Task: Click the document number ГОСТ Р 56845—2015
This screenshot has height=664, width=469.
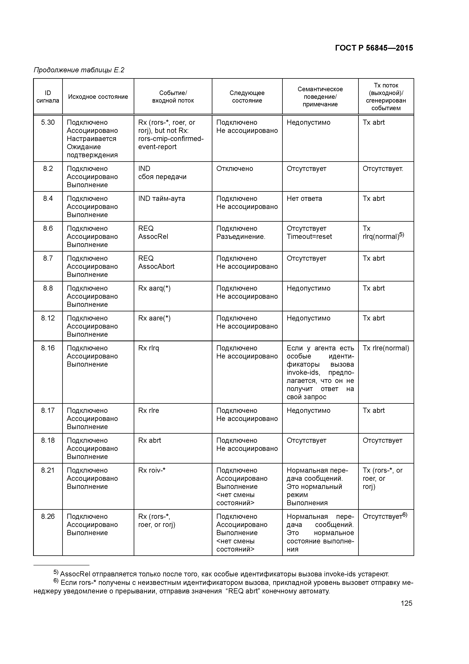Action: point(374,48)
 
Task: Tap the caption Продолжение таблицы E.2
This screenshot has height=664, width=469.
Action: point(79,70)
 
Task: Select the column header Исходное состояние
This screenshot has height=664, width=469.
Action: point(98,97)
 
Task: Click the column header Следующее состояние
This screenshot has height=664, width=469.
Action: point(247,97)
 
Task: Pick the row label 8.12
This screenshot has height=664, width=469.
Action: point(48,318)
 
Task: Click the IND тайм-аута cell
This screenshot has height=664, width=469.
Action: point(162,199)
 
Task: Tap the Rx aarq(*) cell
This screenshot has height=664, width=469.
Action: point(154,288)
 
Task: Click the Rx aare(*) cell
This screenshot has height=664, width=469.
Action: point(154,318)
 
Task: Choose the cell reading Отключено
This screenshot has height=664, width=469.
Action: point(234,169)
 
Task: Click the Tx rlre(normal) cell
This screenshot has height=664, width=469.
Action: point(386,348)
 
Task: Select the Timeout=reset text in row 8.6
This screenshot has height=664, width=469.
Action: point(309,237)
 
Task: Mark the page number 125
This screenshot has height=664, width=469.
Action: point(406,603)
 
